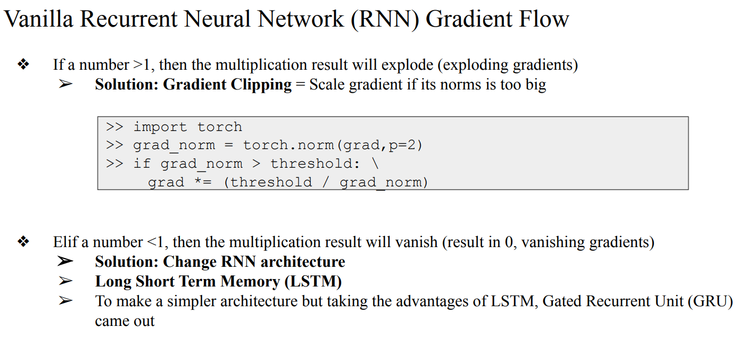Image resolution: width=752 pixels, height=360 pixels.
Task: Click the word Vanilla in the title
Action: (x=38, y=20)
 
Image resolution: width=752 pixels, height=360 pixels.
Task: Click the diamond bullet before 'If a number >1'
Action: (x=23, y=65)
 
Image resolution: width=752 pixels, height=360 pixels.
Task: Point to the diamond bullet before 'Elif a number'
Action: (x=23, y=242)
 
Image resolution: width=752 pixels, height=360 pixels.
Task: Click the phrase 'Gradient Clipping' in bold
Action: (x=227, y=85)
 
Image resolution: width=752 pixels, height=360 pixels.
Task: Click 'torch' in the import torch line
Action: (x=220, y=127)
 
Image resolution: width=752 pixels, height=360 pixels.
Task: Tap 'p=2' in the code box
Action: (x=407, y=145)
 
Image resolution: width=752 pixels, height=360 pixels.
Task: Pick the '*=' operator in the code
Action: (x=202, y=182)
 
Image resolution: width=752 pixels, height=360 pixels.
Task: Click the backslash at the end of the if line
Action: (x=375, y=163)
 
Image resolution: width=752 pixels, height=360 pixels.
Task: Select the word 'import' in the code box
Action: (x=160, y=127)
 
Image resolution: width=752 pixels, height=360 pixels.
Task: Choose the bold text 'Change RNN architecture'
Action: (x=254, y=262)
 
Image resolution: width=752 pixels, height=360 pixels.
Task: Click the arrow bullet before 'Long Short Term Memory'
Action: (x=65, y=281)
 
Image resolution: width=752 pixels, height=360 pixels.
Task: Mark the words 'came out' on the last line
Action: (x=125, y=321)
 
